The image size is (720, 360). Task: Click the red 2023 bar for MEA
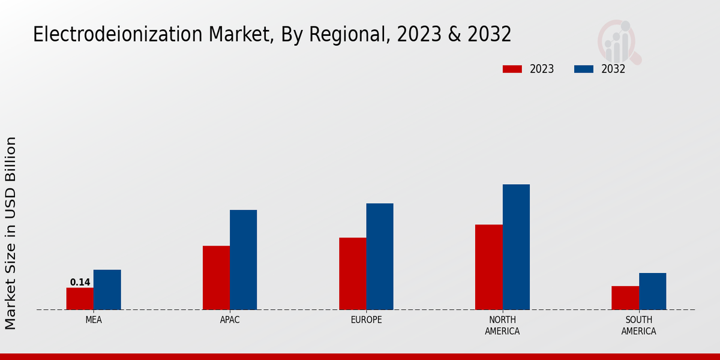click(x=80, y=299)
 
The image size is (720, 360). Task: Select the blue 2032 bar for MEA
click(x=107, y=290)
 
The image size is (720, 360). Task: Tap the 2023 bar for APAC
click(x=216, y=278)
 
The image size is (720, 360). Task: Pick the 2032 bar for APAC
click(x=243, y=260)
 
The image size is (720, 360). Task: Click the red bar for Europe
click(x=352, y=274)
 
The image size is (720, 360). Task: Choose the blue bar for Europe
click(x=380, y=256)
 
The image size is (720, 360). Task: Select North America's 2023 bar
click(x=488, y=267)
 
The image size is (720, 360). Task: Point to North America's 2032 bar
click(x=516, y=247)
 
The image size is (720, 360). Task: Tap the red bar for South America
click(x=625, y=298)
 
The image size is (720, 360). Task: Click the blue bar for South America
click(x=652, y=291)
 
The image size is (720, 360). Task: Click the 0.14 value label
click(x=80, y=283)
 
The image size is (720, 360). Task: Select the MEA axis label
click(x=94, y=320)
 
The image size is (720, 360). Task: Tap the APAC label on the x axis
click(x=230, y=320)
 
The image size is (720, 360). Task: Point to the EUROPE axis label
click(x=366, y=320)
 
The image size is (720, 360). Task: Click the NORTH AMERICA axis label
click(x=502, y=325)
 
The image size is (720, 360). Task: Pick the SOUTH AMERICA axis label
click(x=638, y=325)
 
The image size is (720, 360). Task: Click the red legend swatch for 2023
click(x=512, y=69)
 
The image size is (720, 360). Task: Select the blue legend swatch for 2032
click(x=583, y=69)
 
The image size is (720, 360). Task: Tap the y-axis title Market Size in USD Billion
click(x=11, y=233)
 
